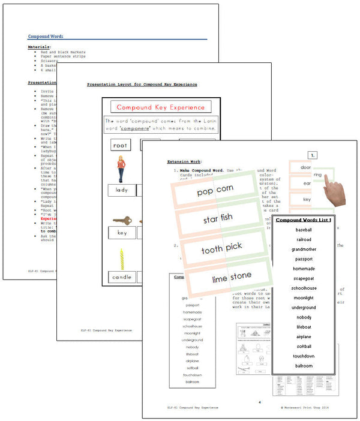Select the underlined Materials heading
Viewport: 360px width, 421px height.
pyautogui.click(x=38, y=47)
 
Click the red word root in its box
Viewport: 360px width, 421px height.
pyautogui.click(x=121, y=145)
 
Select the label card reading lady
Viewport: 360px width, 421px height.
pyautogui.click(x=122, y=190)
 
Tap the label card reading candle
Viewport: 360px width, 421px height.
pyautogui.click(x=122, y=277)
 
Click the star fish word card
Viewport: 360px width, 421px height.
pyautogui.click(x=219, y=220)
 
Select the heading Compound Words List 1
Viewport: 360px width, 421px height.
pyautogui.click(x=304, y=220)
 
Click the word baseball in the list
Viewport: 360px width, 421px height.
pyautogui.click(x=304, y=230)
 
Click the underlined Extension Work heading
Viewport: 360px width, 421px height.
pyautogui.click(x=184, y=162)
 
